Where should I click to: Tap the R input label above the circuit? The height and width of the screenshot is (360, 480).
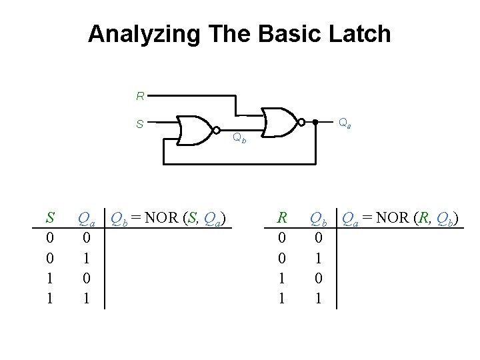pyautogui.click(x=140, y=96)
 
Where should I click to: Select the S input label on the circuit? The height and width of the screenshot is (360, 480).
pyautogui.click(x=140, y=123)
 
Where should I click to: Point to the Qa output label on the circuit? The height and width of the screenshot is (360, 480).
pyautogui.click(x=345, y=123)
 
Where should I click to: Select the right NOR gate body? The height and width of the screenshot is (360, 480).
pyautogui.click(x=280, y=122)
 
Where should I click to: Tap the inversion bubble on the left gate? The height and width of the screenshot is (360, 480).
pyautogui.click(x=215, y=129)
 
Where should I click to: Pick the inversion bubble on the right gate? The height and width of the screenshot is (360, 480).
pyautogui.click(x=301, y=122)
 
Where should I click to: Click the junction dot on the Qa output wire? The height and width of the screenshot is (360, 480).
pyautogui.click(x=315, y=122)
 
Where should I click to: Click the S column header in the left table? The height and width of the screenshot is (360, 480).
pyautogui.click(x=49, y=217)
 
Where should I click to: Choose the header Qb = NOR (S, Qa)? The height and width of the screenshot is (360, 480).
pyautogui.click(x=169, y=218)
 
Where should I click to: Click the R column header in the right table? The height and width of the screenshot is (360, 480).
pyautogui.click(x=282, y=217)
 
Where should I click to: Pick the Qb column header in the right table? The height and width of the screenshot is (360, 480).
pyautogui.click(x=319, y=218)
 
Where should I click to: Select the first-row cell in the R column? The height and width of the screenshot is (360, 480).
pyautogui.click(x=282, y=237)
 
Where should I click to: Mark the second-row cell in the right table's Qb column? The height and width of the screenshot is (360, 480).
pyautogui.click(x=318, y=258)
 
